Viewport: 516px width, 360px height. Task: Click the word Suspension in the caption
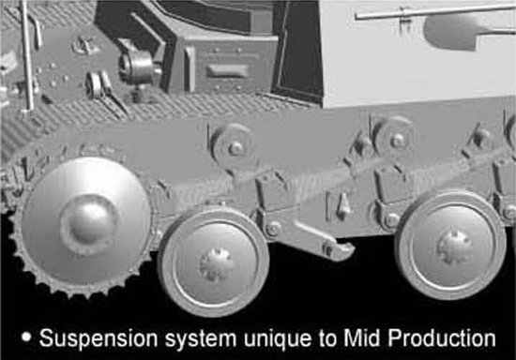(x=99, y=338)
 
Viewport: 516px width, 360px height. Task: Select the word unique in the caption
(x=278, y=339)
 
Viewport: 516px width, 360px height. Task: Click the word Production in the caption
(x=442, y=338)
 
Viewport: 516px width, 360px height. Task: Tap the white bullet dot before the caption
(x=26, y=337)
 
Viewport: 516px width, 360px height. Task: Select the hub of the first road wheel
(x=216, y=263)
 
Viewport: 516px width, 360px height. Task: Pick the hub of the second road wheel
(x=454, y=247)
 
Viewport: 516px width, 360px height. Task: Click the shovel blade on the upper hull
(x=451, y=31)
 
